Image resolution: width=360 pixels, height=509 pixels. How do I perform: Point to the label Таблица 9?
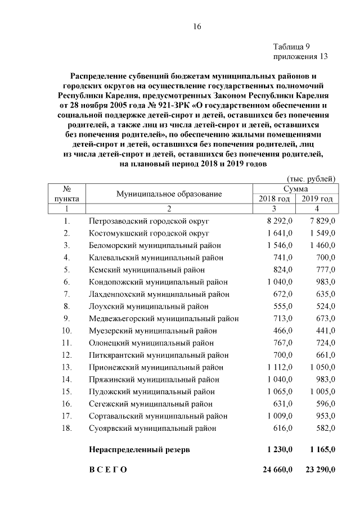pyautogui.click(x=291, y=47)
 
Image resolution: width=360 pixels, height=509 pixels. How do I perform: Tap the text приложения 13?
pyautogui.click(x=300, y=56)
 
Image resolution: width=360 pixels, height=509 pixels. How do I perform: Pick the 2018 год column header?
pyautogui.click(x=274, y=199)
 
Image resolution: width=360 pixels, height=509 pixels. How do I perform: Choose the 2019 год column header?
pyautogui.click(x=317, y=199)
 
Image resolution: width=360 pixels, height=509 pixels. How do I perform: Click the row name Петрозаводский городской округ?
pyautogui.click(x=149, y=220)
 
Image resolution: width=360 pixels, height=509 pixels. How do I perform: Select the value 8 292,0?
pyautogui.click(x=280, y=220)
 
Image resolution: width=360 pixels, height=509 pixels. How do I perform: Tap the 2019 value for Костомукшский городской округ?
pyautogui.click(x=322, y=233)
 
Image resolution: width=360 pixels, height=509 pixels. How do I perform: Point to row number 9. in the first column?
pyautogui.click(x=66, y=318)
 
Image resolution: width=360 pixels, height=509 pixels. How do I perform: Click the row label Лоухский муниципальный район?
pyautogui.click(x=148, y=307)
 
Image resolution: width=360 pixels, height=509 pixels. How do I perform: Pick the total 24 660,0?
pyautogui.click(x=277, y=470)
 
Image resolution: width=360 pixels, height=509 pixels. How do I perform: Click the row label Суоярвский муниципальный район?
pyautogui.click(x=152, y=429)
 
